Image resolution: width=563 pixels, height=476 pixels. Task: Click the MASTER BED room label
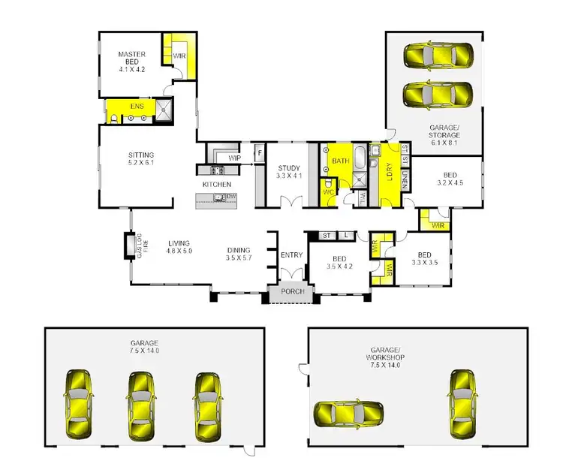coord(131,59)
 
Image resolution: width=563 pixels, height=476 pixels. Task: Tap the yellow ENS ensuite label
coord(136,107)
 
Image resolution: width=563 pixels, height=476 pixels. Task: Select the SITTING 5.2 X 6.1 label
coord(140,160)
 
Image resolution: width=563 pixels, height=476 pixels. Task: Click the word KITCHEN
coord(216,184)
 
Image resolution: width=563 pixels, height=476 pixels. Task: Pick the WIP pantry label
coord(234,158)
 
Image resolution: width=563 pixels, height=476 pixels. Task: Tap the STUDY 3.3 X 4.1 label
coord(289,171)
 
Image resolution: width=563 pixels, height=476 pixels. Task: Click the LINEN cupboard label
coord(405,179)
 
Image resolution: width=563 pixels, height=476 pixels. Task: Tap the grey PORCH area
coord(291,291)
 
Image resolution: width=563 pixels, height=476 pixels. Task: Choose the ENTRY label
coord(291,255)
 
